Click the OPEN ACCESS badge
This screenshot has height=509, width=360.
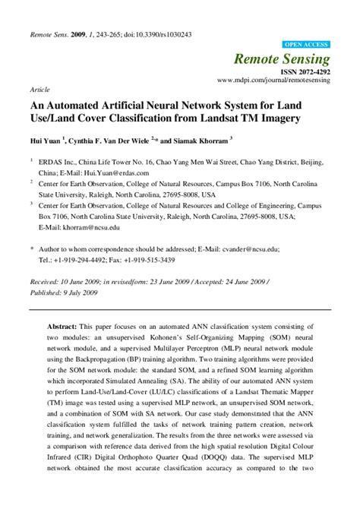click(x=306, y=46)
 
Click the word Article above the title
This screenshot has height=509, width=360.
click(x=39, y=89)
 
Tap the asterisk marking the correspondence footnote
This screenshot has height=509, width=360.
click(x=31, y=248)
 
